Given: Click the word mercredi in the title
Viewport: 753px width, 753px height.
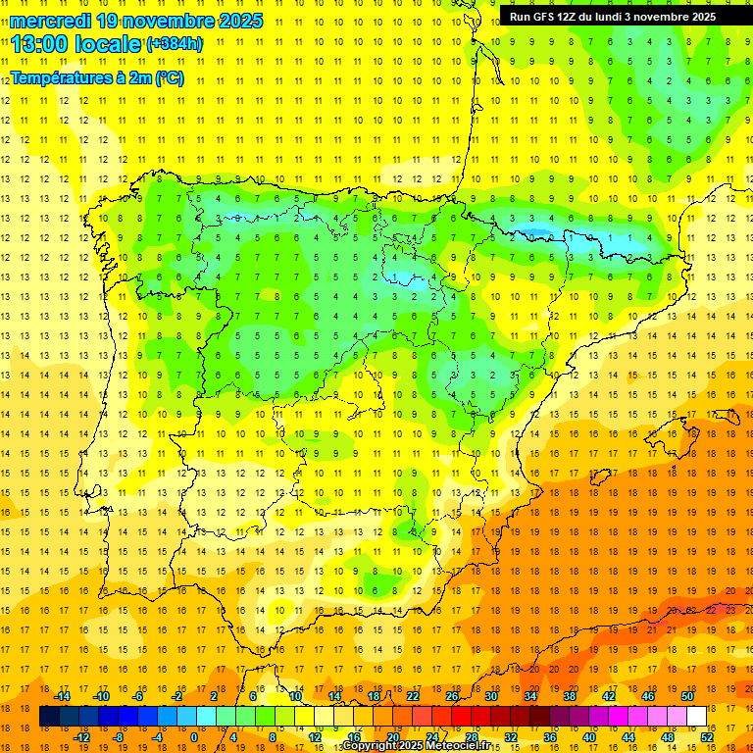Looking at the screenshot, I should coord(50,21).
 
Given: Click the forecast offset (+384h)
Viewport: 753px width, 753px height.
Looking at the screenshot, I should coord(174,44).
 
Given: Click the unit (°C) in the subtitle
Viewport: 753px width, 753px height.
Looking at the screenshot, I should coord(168,78).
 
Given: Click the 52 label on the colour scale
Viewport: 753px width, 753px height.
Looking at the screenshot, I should coord(707,737).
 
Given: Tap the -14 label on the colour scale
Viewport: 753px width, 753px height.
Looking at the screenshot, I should coord(61,696).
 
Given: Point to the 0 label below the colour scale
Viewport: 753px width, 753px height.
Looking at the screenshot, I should coord(194,737).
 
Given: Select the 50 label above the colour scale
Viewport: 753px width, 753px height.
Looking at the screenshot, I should coord(687,696).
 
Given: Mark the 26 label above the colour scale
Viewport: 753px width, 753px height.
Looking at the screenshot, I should coord(452,696).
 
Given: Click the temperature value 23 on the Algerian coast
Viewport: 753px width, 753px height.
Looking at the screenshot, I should coord(730,610).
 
